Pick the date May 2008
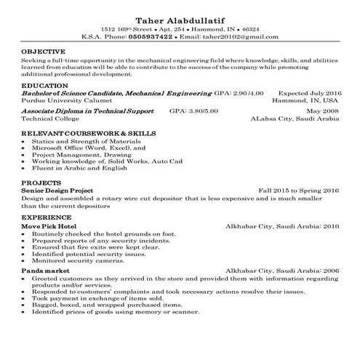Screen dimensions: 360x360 [324, 111]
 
